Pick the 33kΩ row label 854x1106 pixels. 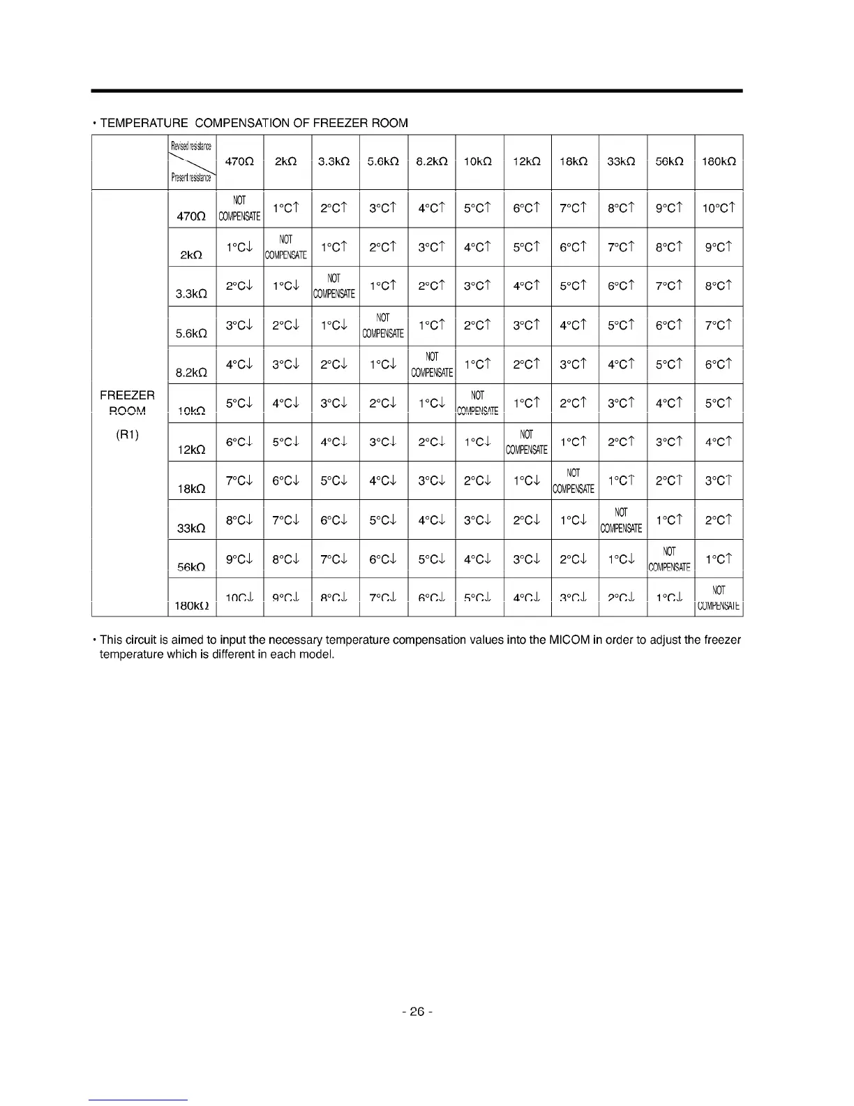click(189, 529)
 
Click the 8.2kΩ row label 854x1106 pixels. click(189, 373)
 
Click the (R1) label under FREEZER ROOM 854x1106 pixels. click(127, 435)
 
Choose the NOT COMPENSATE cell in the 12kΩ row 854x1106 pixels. click(527, 442)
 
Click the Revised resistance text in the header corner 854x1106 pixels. click(191, 146)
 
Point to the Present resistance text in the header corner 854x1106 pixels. click(190, 177)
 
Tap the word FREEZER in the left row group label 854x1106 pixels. click(127, 396)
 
